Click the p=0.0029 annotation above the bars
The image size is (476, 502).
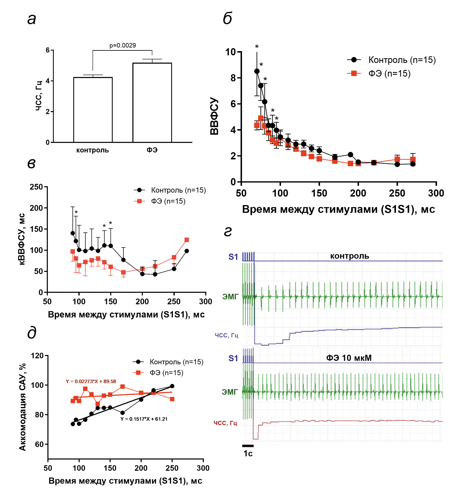123,45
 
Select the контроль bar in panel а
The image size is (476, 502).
93,110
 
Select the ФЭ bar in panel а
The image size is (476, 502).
152,102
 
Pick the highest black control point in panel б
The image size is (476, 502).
257,71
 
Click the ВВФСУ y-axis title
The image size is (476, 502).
214,116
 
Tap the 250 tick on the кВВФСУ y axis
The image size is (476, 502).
36,187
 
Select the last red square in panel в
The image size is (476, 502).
187,240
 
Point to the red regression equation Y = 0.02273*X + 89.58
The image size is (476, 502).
91,381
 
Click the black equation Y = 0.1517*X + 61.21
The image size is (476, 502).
144,419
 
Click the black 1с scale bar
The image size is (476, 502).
248,446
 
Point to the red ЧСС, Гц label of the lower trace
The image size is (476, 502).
225,423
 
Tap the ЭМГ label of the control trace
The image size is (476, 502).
230,297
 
